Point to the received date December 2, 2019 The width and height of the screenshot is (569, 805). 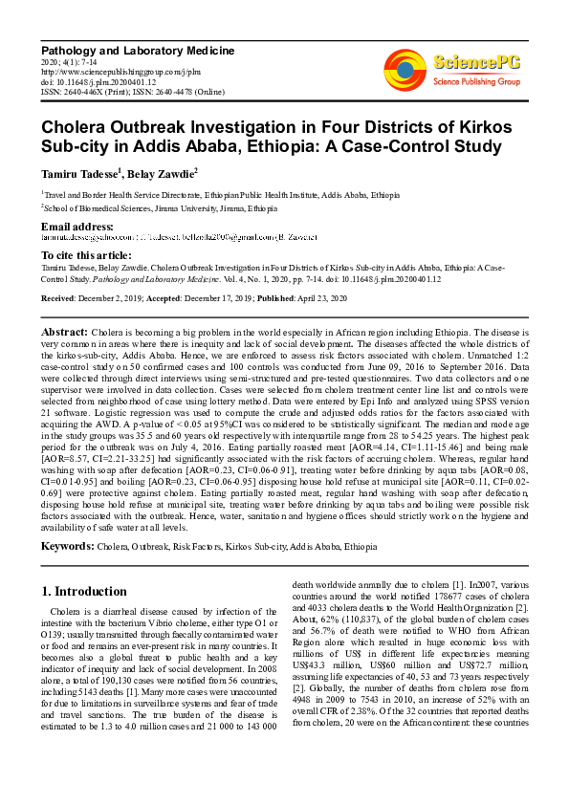click(x=120, y=298)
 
